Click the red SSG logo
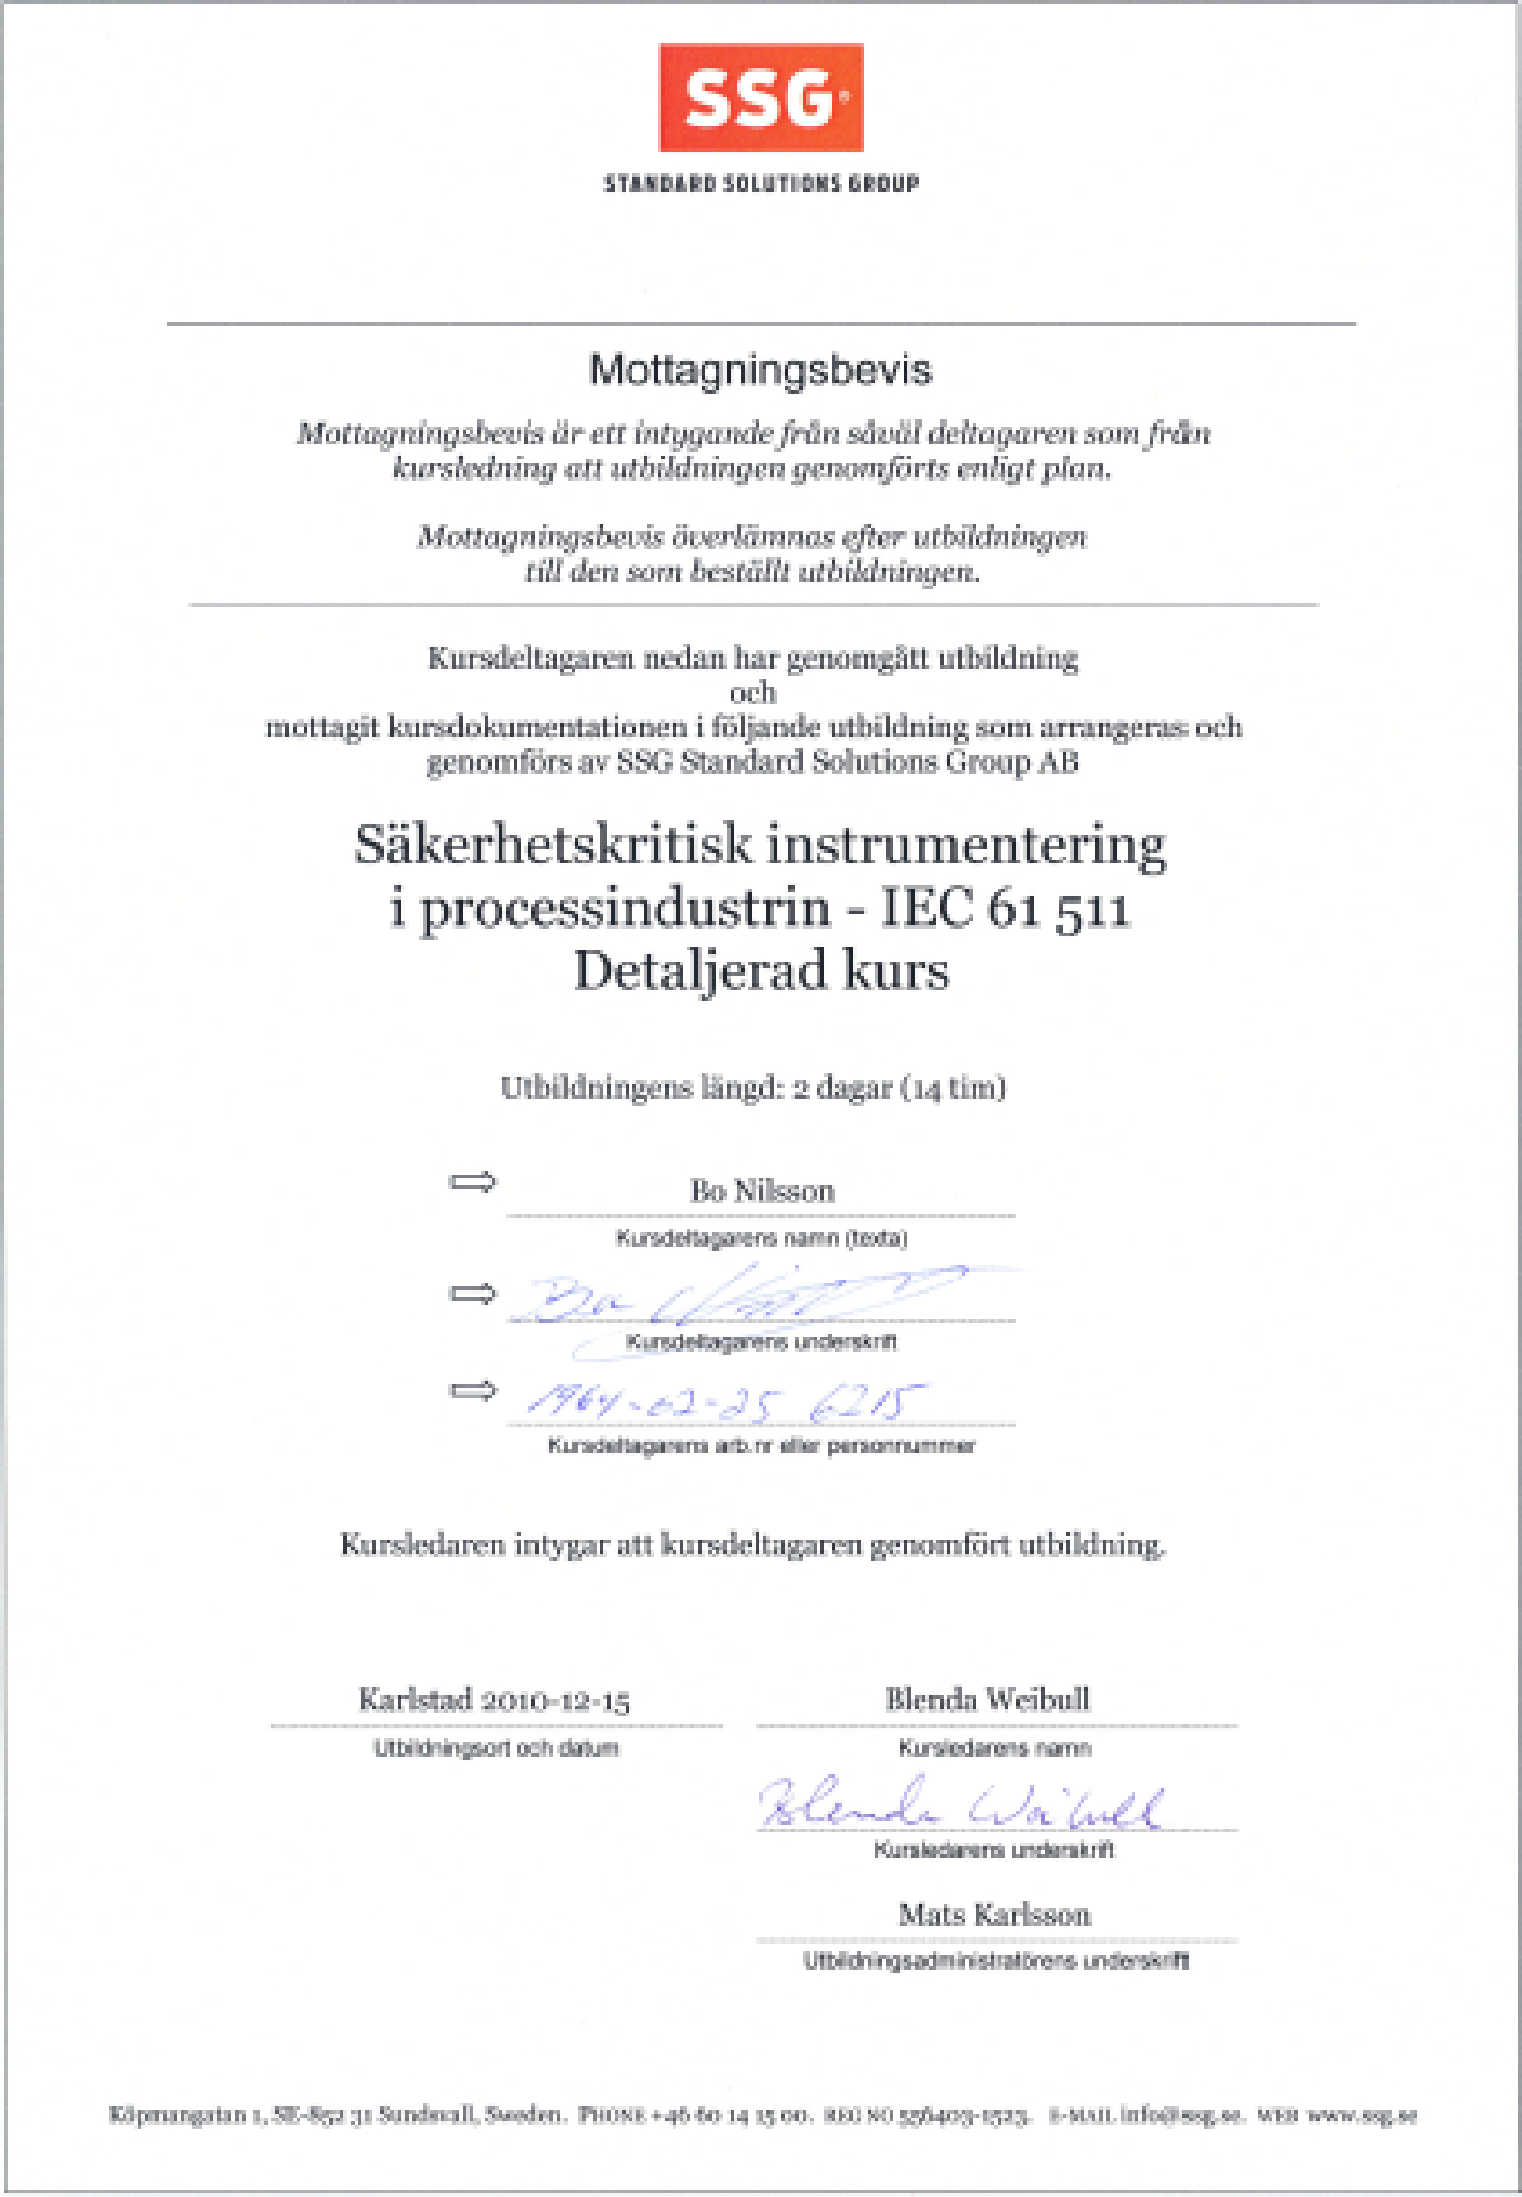pyautogui.click(x=761, y=97)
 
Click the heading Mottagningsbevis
pyautogui.click(x=760, y=370)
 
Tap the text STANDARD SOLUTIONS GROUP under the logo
pyautogui.click(x=761, y=183)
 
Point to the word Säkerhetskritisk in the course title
pyautogui.click(x=552, y=845)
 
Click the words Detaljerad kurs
pyautogui.click(x=761, y=971)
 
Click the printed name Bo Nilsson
pyautogui.click(x=762, y=1191)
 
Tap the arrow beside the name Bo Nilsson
pyautogui.click(x=473, y=1182)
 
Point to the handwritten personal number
pyautogui.click(x=724, y=1401)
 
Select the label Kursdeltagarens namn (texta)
pyautogui.click(x=761, y=1238)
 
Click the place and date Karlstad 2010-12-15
pyautogui.click(x=494, y=1700)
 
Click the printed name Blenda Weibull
pyautogui.click(x=987, y=1699)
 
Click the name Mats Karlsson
pyautogui.click(x=995, y=1915)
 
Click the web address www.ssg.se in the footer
pyautogui.click(x=1361, y=2116)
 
